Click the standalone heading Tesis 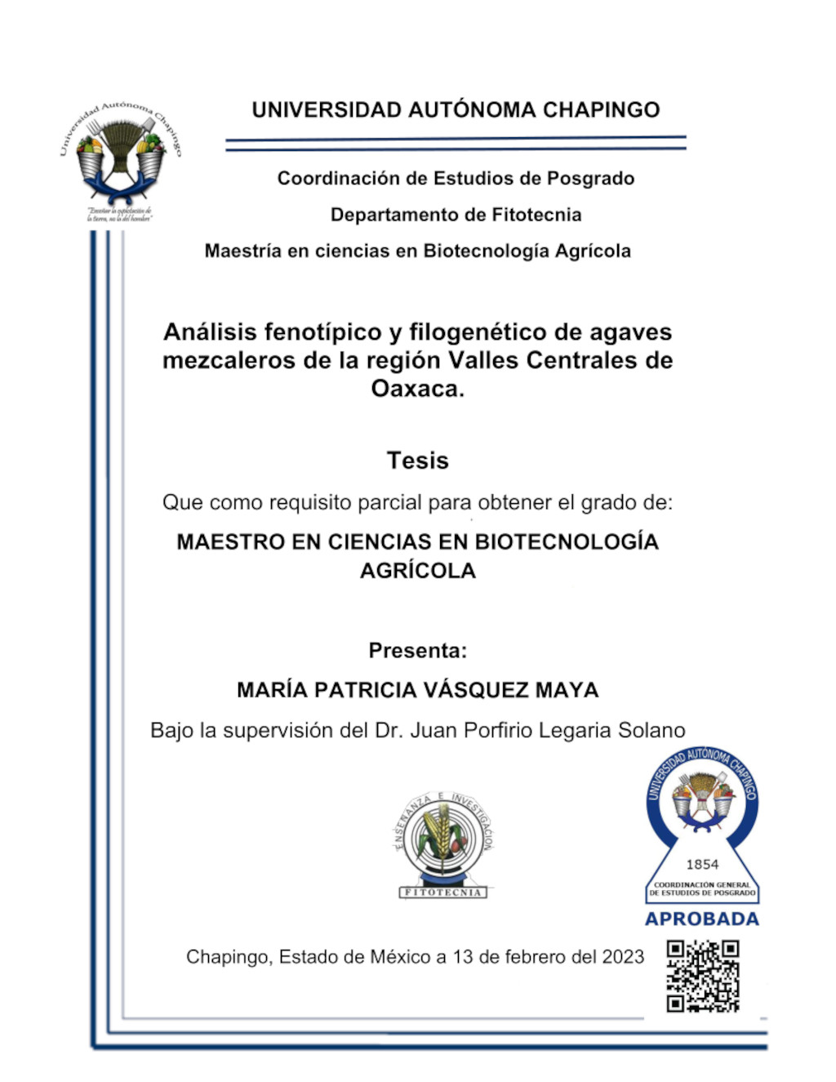coord(417,461)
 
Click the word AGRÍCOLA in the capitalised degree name coord(417,570)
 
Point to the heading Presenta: coord(417,650)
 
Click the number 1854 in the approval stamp coord(702,864)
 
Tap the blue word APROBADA coord(702,919)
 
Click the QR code coord(703,976)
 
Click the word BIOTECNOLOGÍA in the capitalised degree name coord(567,542)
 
